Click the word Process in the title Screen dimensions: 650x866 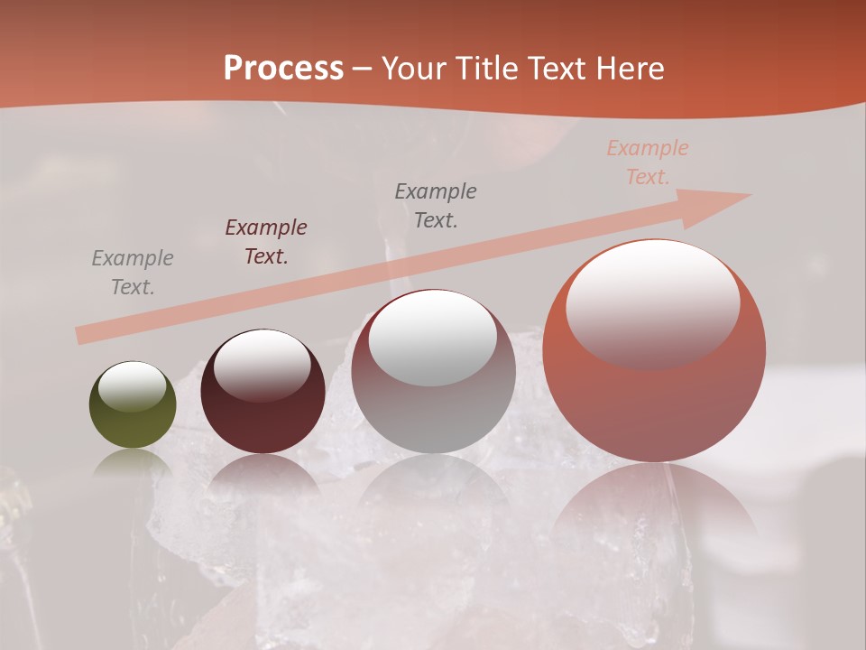(283, 69)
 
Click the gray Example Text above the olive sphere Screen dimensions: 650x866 (133, 273)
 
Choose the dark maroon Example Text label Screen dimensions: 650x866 (266, 242)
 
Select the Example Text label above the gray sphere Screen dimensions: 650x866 (436, 205)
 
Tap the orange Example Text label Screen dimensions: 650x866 (648, 162)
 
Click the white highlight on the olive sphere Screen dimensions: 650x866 (133, 387)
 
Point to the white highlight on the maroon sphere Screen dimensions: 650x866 (263, 365)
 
